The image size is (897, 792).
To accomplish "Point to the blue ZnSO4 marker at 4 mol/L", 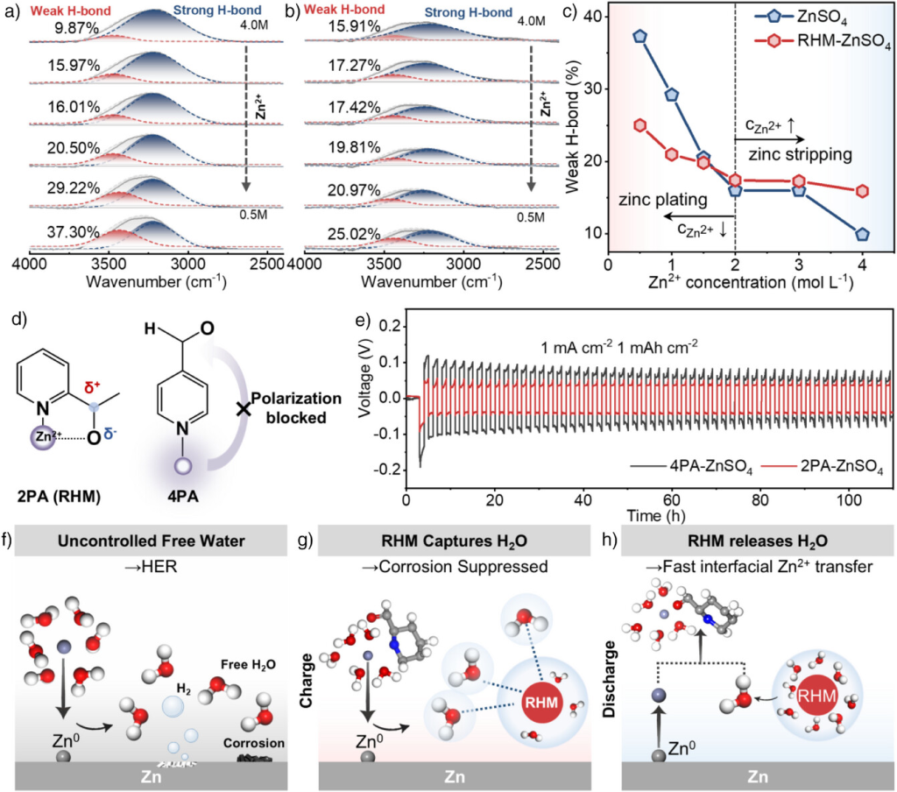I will (x=862, y=234).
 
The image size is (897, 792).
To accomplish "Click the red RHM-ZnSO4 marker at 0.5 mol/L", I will (x=640, y=125).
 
